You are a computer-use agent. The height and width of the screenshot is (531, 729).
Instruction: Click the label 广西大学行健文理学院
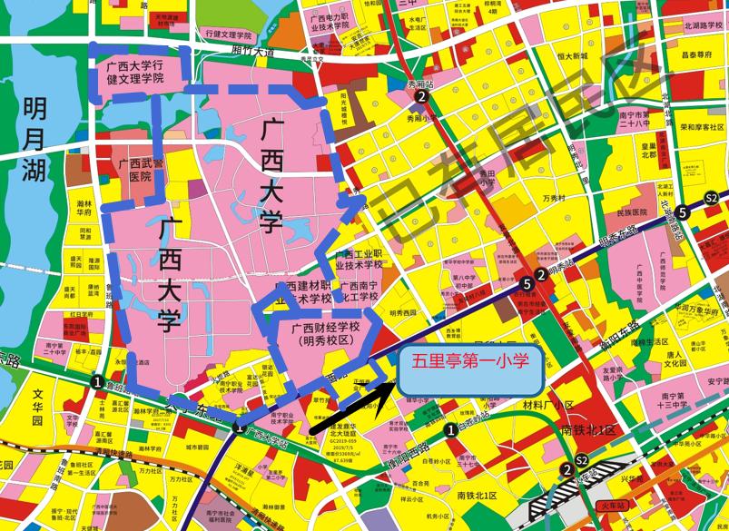(x=135, y=72)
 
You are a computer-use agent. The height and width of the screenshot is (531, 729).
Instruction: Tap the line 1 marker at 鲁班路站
(x=96, y=383)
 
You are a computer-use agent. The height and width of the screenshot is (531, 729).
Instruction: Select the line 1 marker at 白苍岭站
(x=451, y=429)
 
